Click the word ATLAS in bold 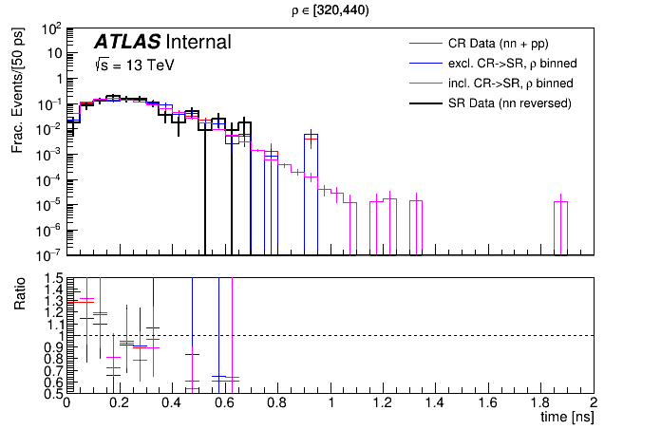tap(126, 43)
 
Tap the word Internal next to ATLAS tap(198, 43)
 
